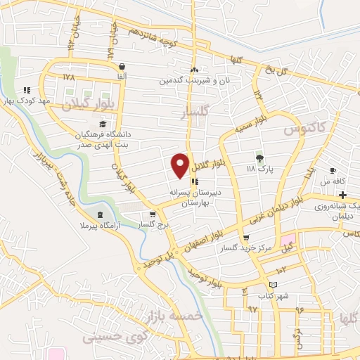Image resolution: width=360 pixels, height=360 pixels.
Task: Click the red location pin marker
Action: (180, 165)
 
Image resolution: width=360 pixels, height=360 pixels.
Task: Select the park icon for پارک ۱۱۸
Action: (259, 158)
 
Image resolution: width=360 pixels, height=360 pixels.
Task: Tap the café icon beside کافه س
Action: (333, 171)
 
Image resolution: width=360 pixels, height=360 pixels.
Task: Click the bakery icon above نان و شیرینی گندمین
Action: (194, 70)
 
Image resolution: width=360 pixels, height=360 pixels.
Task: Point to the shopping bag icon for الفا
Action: (122, 64)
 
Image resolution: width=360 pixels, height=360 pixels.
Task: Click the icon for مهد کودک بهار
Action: (27, 90)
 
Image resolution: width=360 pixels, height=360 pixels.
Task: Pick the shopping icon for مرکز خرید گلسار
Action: (245, 239)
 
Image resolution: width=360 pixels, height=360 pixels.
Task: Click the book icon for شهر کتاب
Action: (273, 284)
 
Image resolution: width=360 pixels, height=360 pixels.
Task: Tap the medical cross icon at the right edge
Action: (352, 193)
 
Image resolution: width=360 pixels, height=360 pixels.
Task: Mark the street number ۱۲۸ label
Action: (68, 75)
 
